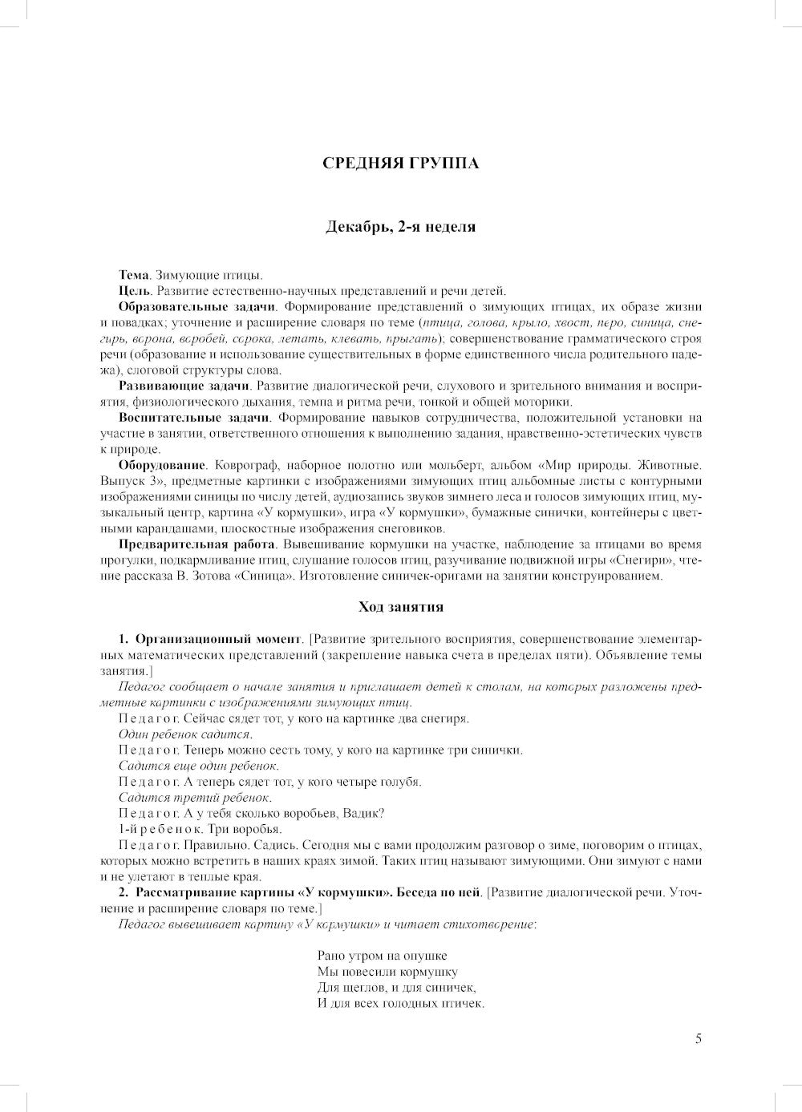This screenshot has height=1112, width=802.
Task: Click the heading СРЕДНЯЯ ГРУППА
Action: point(400,164)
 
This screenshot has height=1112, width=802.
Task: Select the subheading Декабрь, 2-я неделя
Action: point(400,227)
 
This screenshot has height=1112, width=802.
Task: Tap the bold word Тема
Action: point(134,275)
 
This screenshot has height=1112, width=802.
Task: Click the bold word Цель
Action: point(134,291)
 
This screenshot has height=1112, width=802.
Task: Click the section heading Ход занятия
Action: point(400,607)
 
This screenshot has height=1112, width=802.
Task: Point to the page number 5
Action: point(698,1039)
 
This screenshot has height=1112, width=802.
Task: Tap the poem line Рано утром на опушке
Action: point(382,956)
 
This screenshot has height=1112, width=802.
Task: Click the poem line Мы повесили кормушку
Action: point(387,972)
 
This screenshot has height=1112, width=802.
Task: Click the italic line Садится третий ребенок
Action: point(195,798)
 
